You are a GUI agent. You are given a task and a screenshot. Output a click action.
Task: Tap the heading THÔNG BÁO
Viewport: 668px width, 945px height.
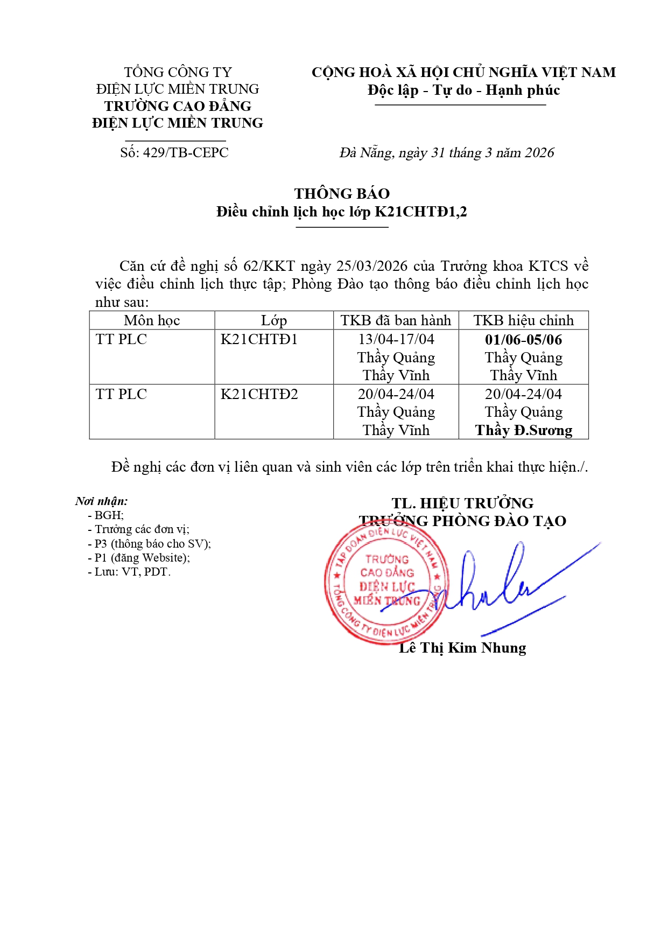(342, 194)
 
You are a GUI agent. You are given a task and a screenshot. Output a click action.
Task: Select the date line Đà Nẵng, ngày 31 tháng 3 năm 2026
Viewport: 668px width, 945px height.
(446, 153)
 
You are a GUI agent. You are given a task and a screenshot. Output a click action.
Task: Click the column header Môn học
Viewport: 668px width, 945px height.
(152, 320)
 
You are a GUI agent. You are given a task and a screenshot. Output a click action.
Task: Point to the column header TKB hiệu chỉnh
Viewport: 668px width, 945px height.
(523, 320)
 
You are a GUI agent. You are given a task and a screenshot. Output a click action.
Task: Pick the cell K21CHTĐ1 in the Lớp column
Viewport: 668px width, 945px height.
(259, 340)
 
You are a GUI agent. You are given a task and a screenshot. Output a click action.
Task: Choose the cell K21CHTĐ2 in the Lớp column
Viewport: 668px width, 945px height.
(259, 394)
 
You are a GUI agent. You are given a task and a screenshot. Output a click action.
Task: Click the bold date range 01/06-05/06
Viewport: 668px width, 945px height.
(523, 340)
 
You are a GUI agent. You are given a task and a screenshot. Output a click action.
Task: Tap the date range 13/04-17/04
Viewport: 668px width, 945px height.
(396, 340)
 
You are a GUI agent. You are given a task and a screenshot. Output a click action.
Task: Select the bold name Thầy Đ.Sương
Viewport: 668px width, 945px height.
(523, 430)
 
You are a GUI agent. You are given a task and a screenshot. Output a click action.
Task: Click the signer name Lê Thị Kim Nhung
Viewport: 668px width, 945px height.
(462, 648)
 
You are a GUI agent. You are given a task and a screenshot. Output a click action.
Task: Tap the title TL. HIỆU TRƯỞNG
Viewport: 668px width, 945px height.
(462, 503)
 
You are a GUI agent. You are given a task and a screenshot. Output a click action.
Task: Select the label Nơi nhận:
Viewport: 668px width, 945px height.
(101, 501)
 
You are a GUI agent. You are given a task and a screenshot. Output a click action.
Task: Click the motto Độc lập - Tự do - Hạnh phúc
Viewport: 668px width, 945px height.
(463, 90)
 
